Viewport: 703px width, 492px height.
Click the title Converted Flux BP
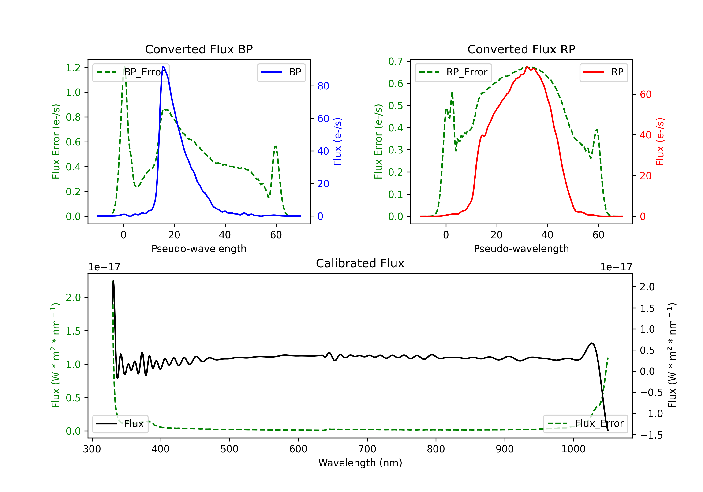tap(199, 49)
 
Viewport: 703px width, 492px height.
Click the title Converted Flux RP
tap(521, 49)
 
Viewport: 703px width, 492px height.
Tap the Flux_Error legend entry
tap(585, 424)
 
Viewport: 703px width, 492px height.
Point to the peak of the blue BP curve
tap(163, 67)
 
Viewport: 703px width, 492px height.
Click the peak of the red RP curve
tap(527, 67)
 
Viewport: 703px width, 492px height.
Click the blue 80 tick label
tap(323, 86)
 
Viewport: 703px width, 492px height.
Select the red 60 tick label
tap(645, 95)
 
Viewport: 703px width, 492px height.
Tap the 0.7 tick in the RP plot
tap(396, 62)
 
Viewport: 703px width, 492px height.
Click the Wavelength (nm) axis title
tap(360, 463)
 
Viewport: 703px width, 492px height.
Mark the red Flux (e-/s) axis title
tap(660, 142)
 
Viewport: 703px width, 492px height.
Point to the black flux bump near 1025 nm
tap(591, 343)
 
